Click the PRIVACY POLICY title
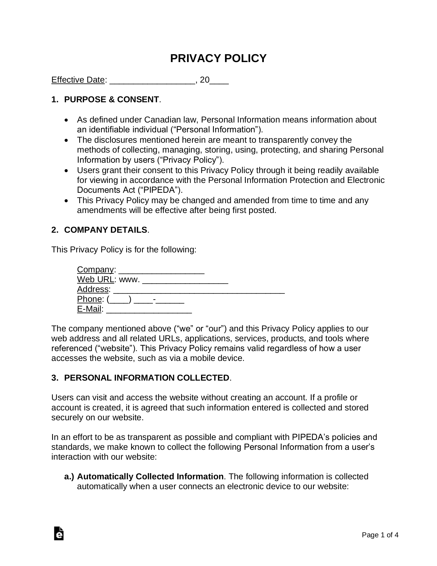[218, 59]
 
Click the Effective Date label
[78, 80]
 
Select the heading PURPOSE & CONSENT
[111, 100]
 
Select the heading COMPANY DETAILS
[106, 230]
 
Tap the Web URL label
[95, 279]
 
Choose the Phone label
[89, 299]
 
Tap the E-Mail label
[89, 309]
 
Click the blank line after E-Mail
[149, 310]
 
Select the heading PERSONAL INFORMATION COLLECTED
[146, 378]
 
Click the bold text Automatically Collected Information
[150, 477]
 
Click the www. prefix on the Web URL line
[129, 279]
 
